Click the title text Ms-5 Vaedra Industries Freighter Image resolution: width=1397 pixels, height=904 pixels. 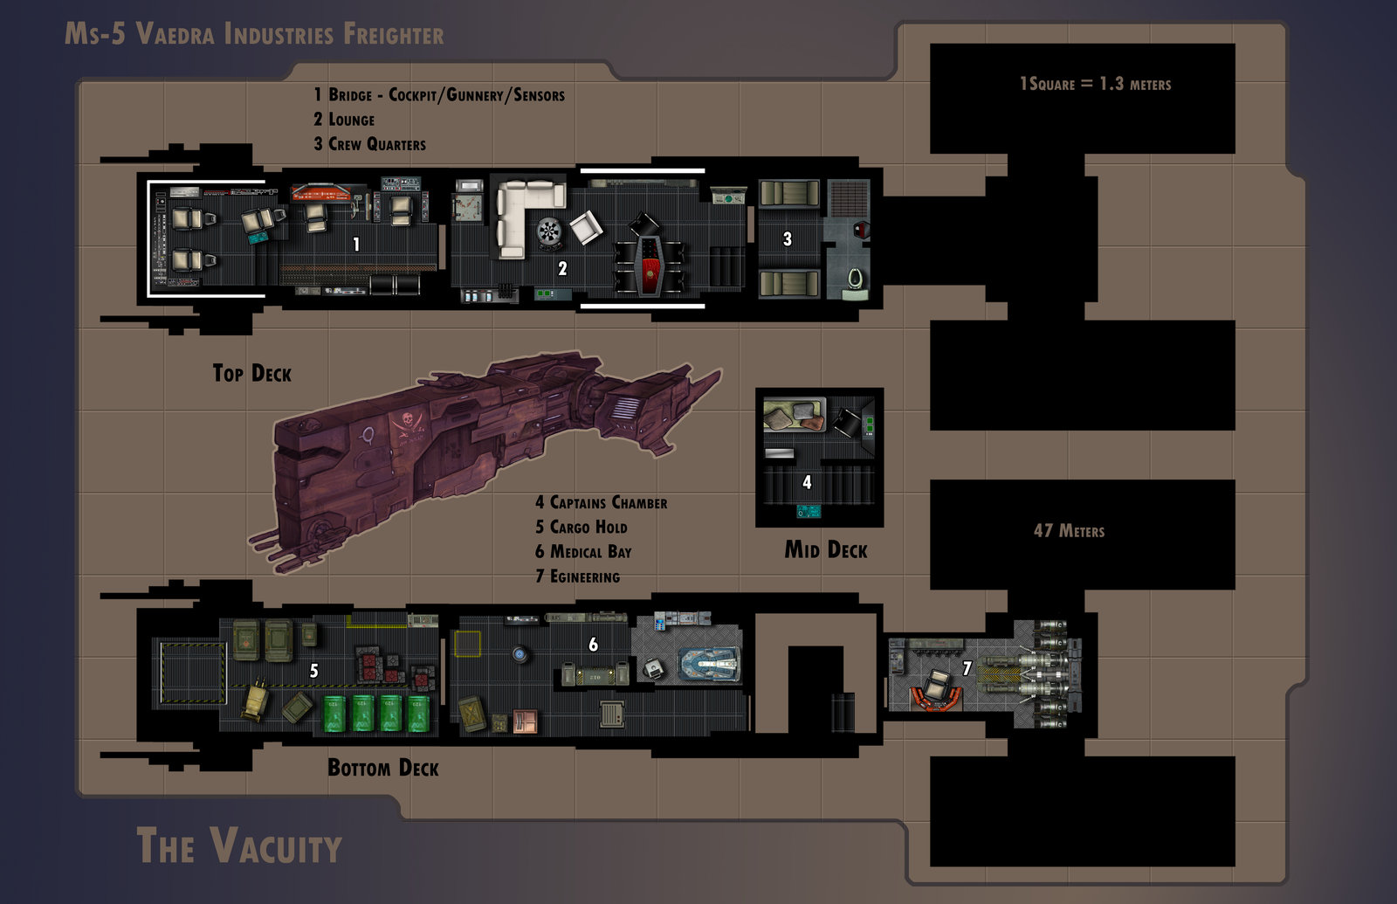pyautogui.click(x=254, y=35)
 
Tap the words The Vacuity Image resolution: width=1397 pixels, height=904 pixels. pyautogui.click(x=238, y=846)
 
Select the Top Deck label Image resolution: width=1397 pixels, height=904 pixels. pyautogui.click(x=251, y=374)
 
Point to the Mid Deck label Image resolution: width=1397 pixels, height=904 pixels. pyautogui.click(x=825, y=550)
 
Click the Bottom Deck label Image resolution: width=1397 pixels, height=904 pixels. pyautogui.click(x=382, y=769)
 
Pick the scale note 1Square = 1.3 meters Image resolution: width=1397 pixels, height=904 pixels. pyautogui.click(x=1095, y=84)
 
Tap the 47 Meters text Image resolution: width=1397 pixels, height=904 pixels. pyautogui.click(x=1069, y=531)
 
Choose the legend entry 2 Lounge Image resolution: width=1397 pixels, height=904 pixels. pyautogui.click(x=344, y=120)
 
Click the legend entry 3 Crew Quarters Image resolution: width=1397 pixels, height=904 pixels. pyautogui.click(x=370, y=144)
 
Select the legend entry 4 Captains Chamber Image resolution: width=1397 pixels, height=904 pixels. pyautogui.click(x=601, y=503)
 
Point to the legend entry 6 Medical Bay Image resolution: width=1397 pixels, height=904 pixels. pyautogui.click(x=583, y=552)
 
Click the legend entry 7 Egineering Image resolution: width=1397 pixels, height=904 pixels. pyautogui.click(x=577, y=577)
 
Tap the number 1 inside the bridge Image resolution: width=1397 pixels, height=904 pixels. pyautogui.click(x=356, y=245)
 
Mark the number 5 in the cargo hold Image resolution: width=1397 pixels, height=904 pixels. pyautogui.click(x=314, y=671)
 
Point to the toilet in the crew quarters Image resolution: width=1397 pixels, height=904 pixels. pyautogui.click(x=855, y=279)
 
